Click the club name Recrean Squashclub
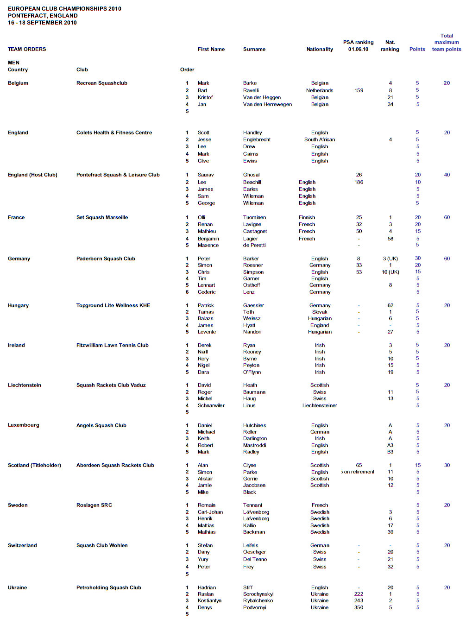[101, 83]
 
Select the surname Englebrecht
[257, 139]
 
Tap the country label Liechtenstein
[25, 385]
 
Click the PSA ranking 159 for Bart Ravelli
[359, 91]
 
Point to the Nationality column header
[320, 49]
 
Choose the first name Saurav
[206, 175]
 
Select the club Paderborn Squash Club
[106, 259]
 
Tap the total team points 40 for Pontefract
[447, 175]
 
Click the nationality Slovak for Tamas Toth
[320, 312]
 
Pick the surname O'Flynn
[252, 372]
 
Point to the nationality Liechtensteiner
[320, 405]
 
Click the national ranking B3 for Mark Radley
[390, 452]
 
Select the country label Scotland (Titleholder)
[34, 466]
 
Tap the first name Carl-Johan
[210, 512]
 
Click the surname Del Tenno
[255, 559]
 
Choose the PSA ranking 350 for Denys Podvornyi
[359, 607]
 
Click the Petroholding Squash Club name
[108, 588]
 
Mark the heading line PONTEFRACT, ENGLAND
[43, 16]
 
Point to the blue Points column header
[417, 49]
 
